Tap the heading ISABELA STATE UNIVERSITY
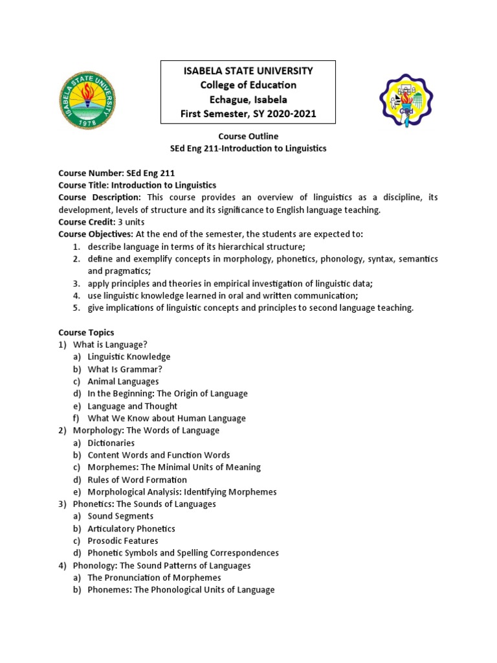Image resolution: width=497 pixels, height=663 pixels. tap(248, 71)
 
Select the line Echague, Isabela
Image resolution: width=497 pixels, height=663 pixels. tap(248, 100)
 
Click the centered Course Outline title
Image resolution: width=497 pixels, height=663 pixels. tap(248, 136)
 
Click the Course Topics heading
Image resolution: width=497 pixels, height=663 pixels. tap(86, 332)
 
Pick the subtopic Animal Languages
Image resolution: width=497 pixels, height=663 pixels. tap(123, 381)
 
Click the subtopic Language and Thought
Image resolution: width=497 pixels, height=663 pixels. tap(132, 406)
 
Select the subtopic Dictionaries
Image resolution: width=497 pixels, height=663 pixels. tap(111, 443)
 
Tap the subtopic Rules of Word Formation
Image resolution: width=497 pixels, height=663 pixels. tap(137, 480)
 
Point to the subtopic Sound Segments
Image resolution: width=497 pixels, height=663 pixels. tap(120, 516)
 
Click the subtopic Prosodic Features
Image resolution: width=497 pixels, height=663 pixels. tap(123, 541)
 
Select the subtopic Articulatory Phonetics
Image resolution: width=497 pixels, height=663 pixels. tap(131, 528)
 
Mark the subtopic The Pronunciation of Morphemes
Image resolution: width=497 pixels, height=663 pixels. tap(154, 578)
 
